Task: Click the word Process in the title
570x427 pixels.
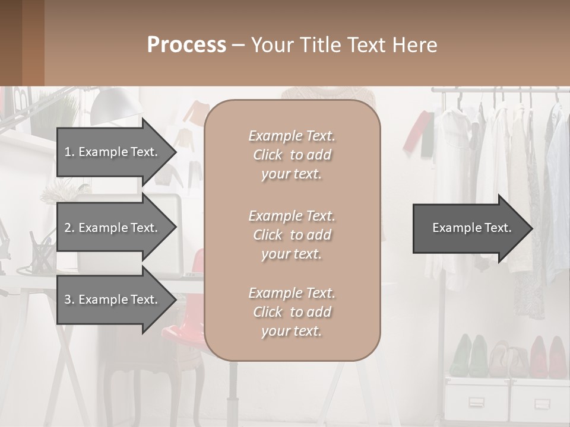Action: click(x=186, y=45)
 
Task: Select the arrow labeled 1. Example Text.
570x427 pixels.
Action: click(x=113, y=152)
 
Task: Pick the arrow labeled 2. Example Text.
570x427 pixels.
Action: click(x=113, y=228)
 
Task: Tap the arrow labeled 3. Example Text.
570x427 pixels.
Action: click(x=113, y=299)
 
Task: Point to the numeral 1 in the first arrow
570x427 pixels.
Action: click(x=68, y=152)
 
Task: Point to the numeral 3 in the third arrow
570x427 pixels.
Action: click(x=68, y=299)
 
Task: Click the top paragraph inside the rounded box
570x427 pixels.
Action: click(x=292, y=155)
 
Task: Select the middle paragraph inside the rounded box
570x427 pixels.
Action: click(x=292, y=235)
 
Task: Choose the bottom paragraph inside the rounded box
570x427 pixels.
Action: click(x=292, y=312)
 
